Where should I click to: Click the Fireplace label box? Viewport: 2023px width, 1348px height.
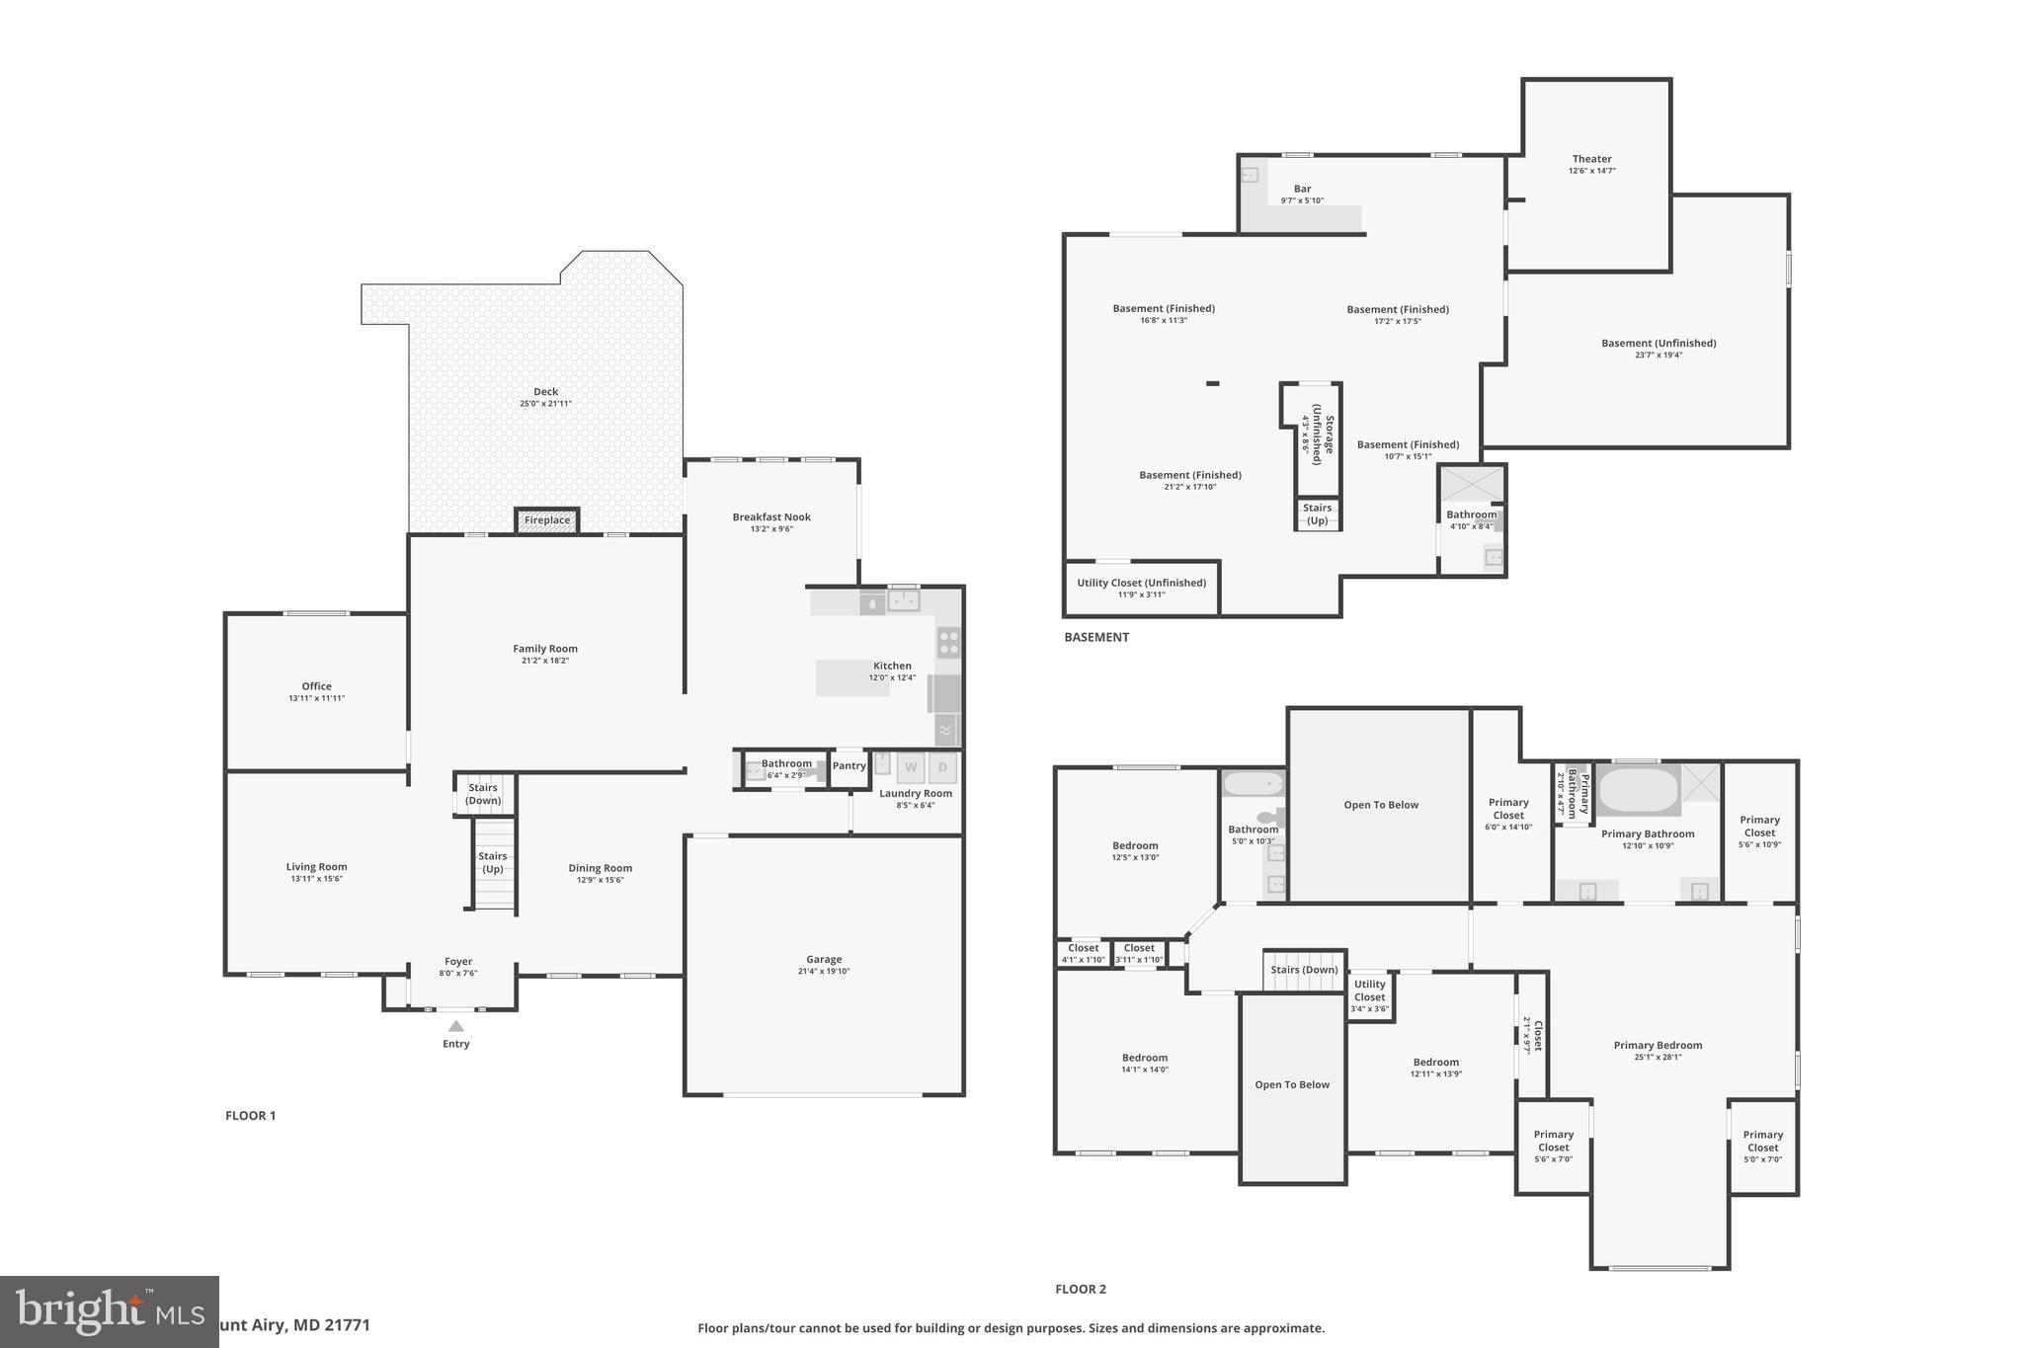[546, 520]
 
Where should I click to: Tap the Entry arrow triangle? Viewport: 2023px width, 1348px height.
[455, 1027]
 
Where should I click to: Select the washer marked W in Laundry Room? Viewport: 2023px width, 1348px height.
[910, 767]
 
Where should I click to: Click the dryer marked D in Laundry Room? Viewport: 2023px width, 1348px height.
[942, 767]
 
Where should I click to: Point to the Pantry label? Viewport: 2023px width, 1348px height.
[849, 765]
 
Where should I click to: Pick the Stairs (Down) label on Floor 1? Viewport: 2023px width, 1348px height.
[483, 794]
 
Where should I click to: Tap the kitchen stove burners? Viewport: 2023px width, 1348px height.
[948, 643]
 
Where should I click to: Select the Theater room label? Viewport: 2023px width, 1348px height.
[1591, 159]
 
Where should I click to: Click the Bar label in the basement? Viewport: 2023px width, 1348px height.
[1302, 189]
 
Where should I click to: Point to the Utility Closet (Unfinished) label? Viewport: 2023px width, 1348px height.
[1141, 583]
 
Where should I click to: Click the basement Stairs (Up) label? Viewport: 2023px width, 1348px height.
[1317, 514]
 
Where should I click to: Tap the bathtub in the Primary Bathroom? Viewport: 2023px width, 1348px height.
[1638, 790]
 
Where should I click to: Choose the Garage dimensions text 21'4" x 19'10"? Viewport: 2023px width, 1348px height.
[823, 972]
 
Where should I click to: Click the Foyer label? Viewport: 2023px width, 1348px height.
[457, 961]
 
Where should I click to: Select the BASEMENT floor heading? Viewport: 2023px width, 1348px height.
[1095, 637]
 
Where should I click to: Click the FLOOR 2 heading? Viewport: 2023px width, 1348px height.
[1080, 1289]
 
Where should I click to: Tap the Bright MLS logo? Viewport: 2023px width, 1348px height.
[109, 1311]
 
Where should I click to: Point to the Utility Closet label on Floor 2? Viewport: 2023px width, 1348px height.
[1369, 991]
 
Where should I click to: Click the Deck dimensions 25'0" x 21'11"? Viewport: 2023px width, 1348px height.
[545, 404]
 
